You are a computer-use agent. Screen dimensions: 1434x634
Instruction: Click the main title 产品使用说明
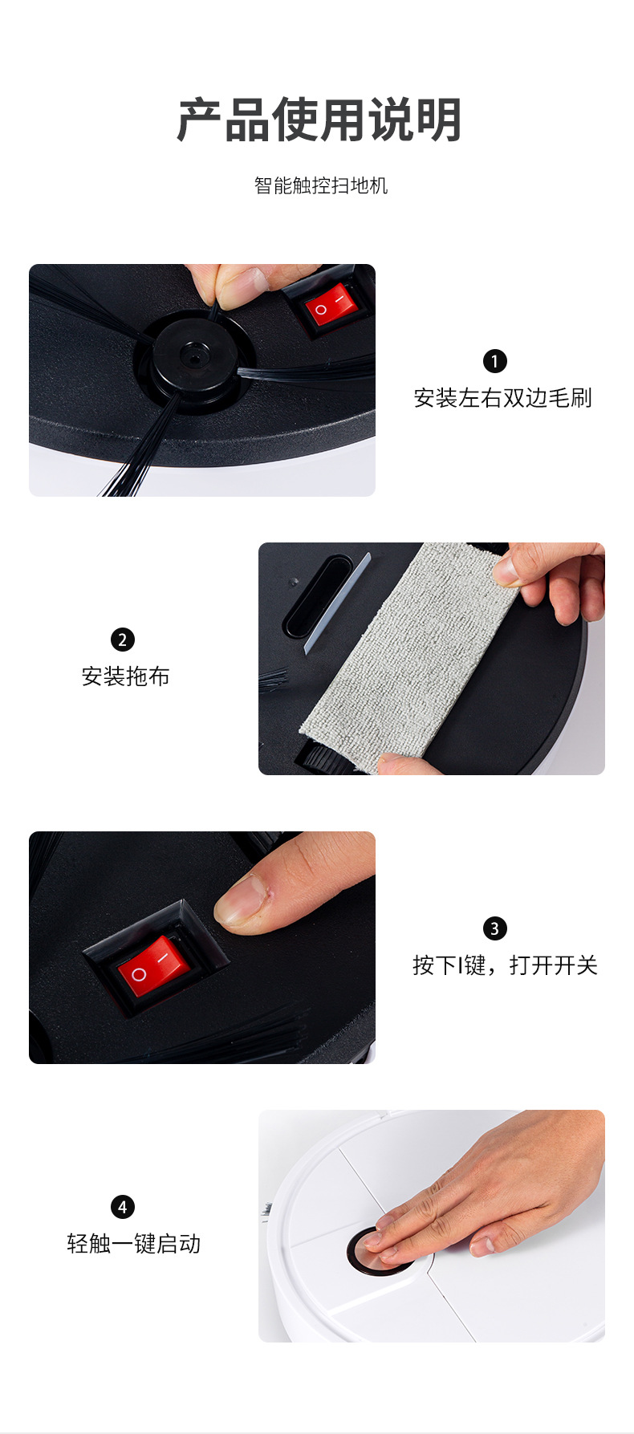click(x=319, y=120)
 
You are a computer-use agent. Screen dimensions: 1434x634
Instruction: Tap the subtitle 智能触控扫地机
click(x=320, y=185)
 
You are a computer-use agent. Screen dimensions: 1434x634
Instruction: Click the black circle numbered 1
click(x=494, y=361)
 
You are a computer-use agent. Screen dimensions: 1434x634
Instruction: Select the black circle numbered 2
click(x=122, y=640)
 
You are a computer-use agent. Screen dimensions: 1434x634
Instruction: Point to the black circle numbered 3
click(x=494, y=928)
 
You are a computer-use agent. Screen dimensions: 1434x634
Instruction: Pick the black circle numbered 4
click(x=122, y=1207)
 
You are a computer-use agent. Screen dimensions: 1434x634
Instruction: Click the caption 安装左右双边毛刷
click(x=502, y=398)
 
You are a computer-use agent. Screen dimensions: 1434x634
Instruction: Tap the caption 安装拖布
click(x=125, y=676)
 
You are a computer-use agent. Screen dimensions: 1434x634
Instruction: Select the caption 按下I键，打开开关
click(x=505, y=965)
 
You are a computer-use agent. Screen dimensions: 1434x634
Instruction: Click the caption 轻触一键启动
click(x=133, y=1244)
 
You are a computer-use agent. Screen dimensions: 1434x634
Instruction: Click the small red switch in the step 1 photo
click(x=330, y=305)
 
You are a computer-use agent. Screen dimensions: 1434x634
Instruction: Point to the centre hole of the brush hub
click(x=192, y=354)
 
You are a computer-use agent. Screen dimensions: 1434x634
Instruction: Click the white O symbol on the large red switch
click(x=139, y=975)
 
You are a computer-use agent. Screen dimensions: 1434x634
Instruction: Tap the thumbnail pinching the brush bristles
click(x=246, y=281)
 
